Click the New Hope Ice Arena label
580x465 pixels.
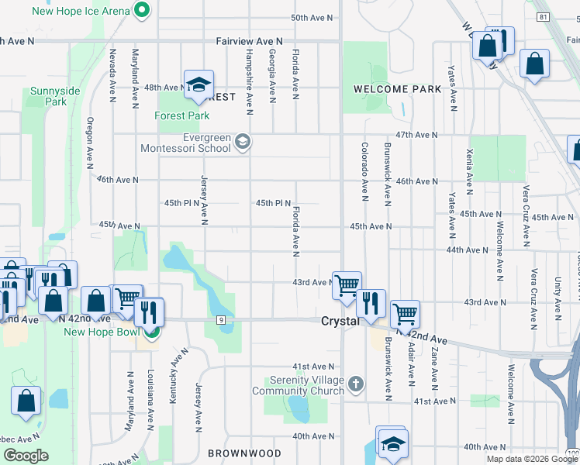pyautogui.click(x=80, y=11)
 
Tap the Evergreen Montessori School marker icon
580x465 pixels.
pyautogui.click(x=243, y=140)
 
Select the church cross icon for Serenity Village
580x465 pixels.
pyautogui.click(x=355, y=384)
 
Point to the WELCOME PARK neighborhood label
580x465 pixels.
pyautogui.click(x=397, y=89)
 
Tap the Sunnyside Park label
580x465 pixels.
pyautogui.click(x=55, y=96)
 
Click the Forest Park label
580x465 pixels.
pyautogui.click(x=182, y=115)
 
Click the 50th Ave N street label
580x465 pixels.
pyautogui.click(x=311, y=18)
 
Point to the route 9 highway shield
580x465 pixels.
pyautogui.click(x=221, y=319)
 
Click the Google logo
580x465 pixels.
pyautogui.click(x=26, y=456)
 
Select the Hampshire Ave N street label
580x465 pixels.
pyautogui.click(x=249, y=77)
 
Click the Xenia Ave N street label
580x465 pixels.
pyautogui.click(x=469, y=171)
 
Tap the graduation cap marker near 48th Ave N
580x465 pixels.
pyautogui.click(x=199, y=84)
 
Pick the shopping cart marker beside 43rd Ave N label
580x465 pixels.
pyautogui.click(x=347, y=285)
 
